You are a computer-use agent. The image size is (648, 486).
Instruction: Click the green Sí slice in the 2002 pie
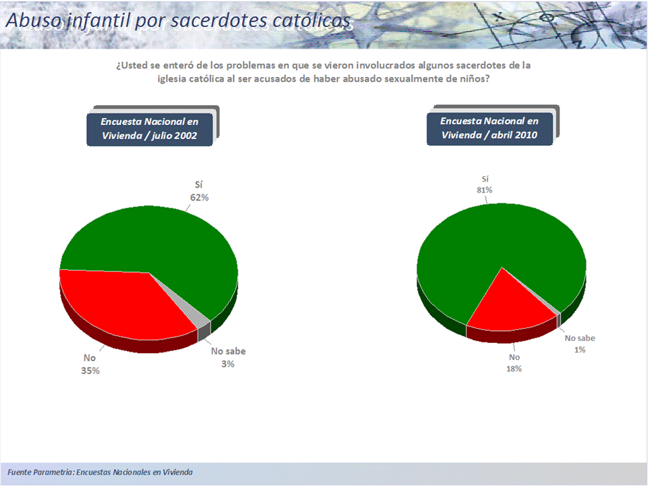[x=165, y=240]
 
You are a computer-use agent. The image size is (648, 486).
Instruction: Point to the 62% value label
[x=199, y=198]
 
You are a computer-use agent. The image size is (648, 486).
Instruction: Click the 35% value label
[x=90, y=371]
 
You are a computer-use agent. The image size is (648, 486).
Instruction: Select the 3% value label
[x=227, y=364]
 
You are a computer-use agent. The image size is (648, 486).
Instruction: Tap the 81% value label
[x=485, y=190]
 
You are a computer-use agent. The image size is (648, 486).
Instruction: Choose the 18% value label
[x=514, y=369]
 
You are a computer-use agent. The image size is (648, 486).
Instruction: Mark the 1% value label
[x=580, y=350]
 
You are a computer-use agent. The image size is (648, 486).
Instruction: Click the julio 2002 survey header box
[x=150, y=129]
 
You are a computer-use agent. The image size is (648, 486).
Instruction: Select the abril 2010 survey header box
[x=490, y=128]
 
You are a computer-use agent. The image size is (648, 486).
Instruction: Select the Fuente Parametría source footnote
[x=100, y=472]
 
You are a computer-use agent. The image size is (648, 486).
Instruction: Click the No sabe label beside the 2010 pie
[x=580, y=338]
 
